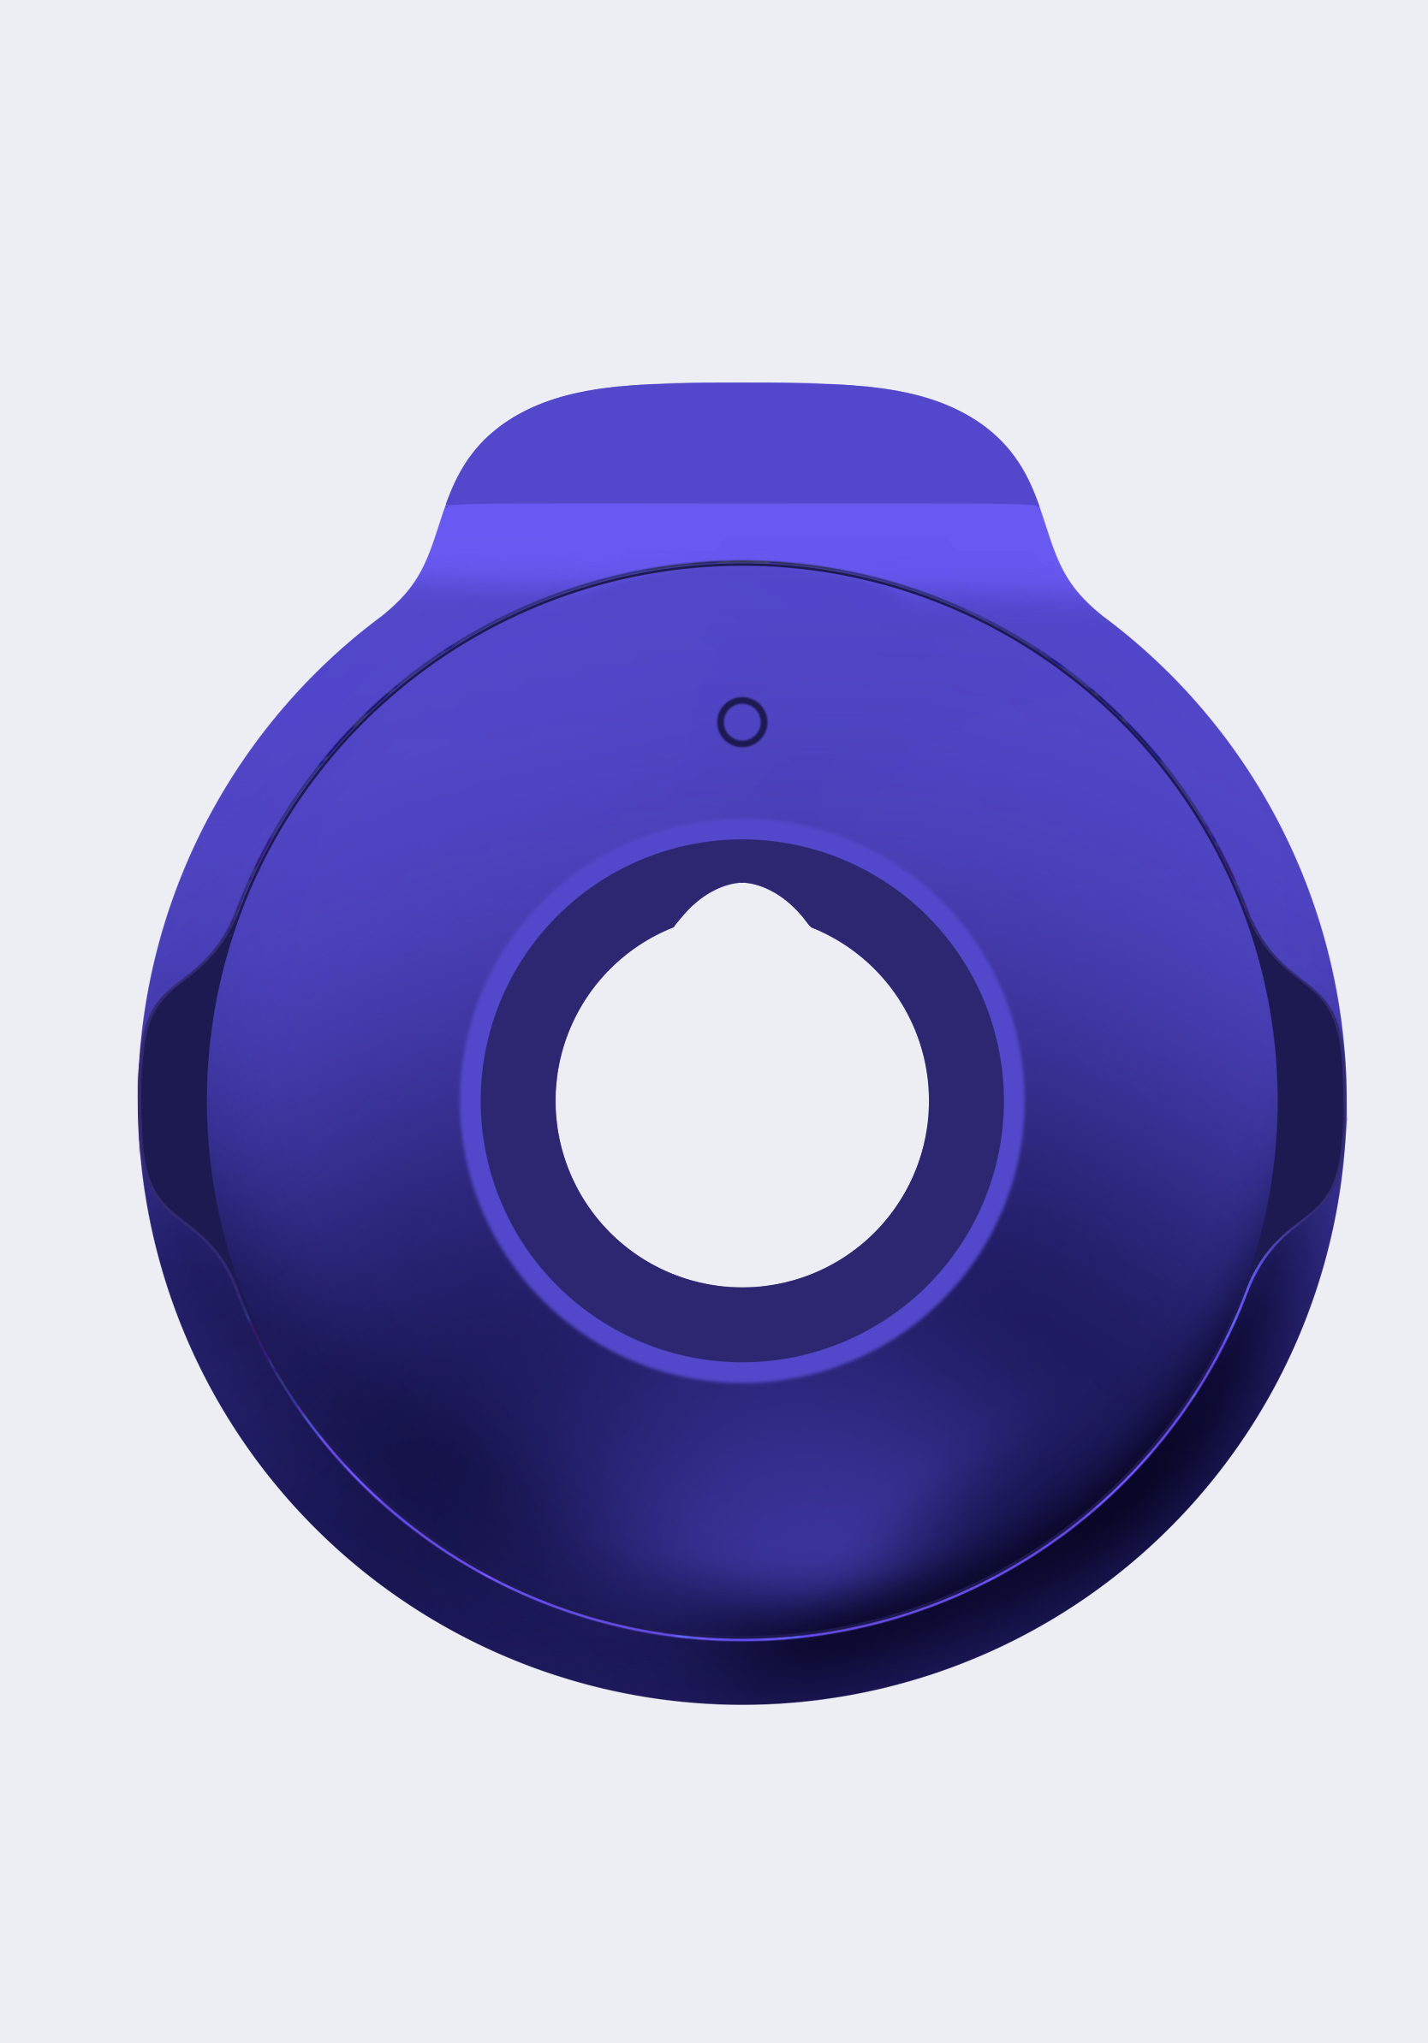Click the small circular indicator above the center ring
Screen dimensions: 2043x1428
point(741,721)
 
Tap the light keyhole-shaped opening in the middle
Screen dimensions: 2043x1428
point(741,1104)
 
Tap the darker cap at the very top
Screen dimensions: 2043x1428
point(741,445)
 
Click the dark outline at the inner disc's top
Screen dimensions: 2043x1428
point(741,564)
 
